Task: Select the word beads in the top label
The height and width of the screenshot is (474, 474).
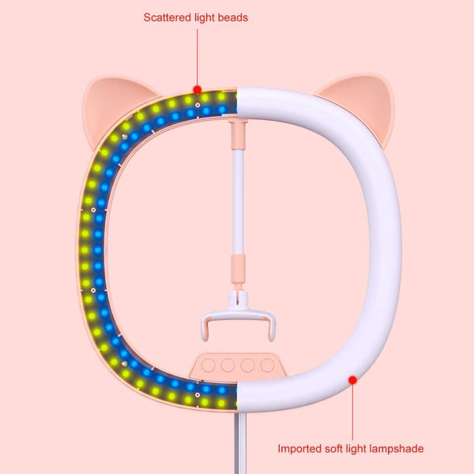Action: [x=232, y=17]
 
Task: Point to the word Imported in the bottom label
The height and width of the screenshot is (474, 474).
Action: [x=299, y=449]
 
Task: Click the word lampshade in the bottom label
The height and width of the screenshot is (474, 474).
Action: [x=396, y=449]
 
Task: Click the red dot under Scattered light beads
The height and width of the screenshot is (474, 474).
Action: [x=197, y=90]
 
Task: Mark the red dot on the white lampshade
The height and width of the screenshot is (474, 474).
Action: [x=352, y=380]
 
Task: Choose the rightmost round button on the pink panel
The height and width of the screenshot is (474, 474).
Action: [x=266, y=366]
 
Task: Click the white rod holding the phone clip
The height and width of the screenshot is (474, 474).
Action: [x=237, y=197]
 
